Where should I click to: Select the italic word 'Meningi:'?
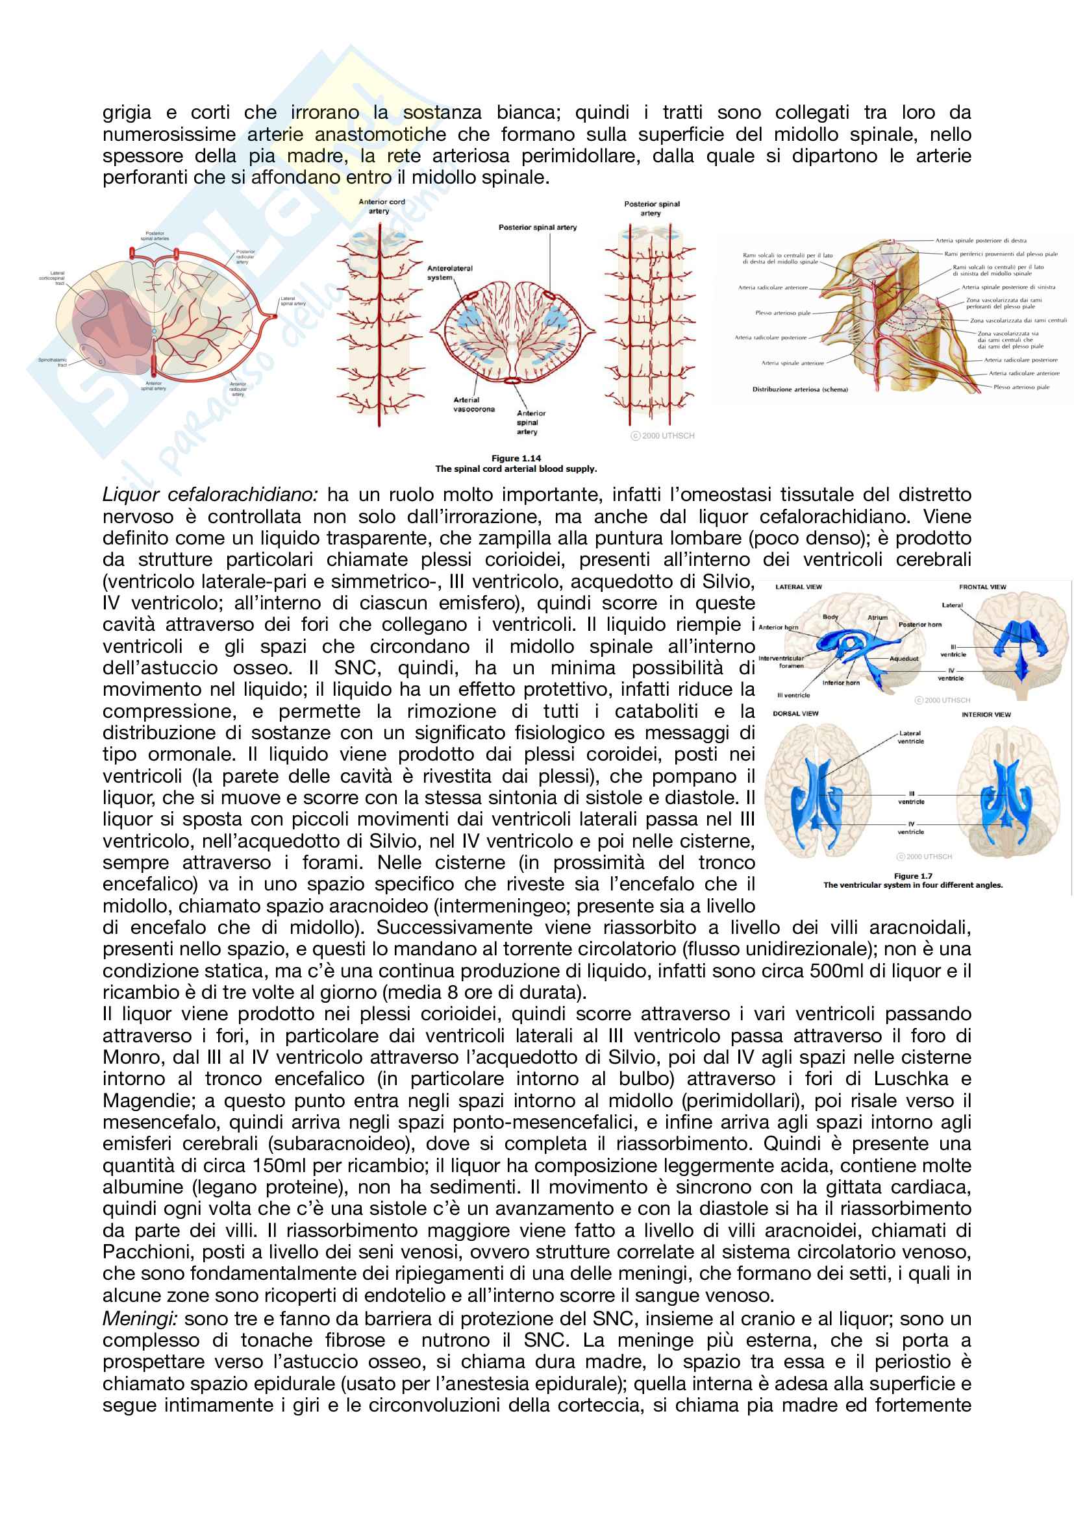pyautogui.click(x=140, y=1318)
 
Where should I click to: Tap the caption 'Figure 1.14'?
pyautogui.click(x=516, y=458)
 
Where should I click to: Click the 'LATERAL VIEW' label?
pyautogui.click(x=798, y=587)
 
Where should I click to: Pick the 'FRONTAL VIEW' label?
pyautogui.click(x=982, y=587)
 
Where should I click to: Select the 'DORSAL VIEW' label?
pyautogui.click(x=795, y=714)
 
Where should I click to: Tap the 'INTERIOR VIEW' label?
pyautogui.click(x=986, y=715)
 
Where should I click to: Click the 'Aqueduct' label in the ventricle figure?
pyautogui.click(x=904, y=659)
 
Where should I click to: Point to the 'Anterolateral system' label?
pyautogui.click(x=449, y=273)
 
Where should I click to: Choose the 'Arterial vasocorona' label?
pyautogui.click(x=473, y=404)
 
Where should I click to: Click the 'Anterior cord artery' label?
pyautogui.click(x=381, y=206)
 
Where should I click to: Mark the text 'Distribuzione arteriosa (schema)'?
pyautogui.click(x=799, y=389)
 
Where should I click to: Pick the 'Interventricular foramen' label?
pyautogui.click(x=782, y=662)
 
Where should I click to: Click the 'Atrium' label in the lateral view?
pyautogui.click(x=878, y=617)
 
